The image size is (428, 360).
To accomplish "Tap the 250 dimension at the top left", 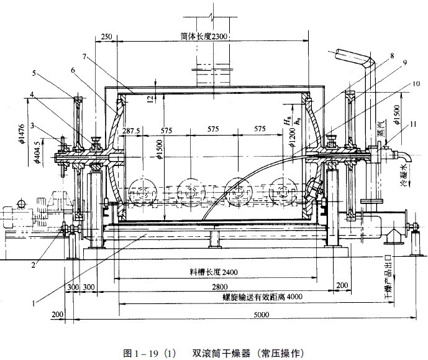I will [x=106, y=37].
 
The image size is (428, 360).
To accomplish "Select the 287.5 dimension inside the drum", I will [x=132, y=131].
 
